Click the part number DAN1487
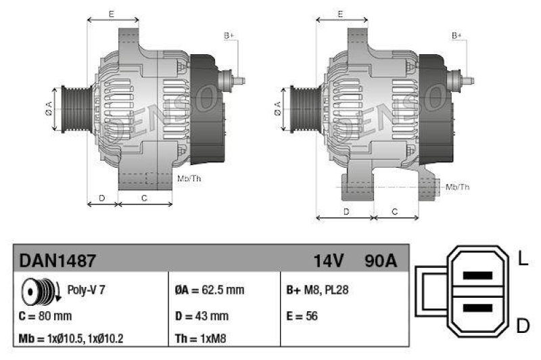tap(57, 260)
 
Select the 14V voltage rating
tap(329, 261)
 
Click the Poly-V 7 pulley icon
tap(38, 290)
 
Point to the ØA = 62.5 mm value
tap(209, 290)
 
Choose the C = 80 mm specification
tap(46, 316)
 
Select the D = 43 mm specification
tap(202, 316)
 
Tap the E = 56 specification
tap(302, 316)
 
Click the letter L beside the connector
tap(522, 258)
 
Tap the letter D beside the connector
tap(522, 326)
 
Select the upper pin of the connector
tap(477, 276)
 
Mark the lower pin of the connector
tap(477, 308)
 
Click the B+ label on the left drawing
tap(229, 35)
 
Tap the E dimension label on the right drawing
tap(341, 14)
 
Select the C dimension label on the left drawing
tap(144, 198)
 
